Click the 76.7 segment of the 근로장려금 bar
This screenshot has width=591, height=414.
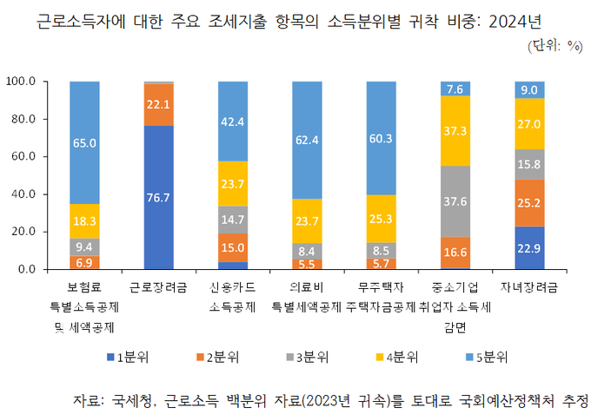pos(158,197)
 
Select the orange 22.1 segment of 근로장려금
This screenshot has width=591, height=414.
pos(158,104)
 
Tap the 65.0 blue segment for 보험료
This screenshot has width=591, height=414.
pos(84,142)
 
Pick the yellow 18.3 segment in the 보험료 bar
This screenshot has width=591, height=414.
pos(84,221)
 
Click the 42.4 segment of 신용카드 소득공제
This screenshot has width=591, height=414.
pos(233,122)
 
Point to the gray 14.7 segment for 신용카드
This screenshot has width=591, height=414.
pos(233,220)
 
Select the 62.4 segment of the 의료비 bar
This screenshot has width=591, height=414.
pos(307,140)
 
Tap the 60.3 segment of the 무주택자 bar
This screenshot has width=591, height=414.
pos(382,138)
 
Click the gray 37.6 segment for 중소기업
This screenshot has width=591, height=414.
pos(455,201)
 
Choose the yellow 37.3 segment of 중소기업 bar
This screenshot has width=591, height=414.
pos(455,130)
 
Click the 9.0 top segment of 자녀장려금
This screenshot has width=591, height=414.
pos(529,89)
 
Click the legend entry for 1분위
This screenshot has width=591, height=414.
pos(130,356)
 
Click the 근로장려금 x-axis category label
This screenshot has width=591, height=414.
pos(158,286)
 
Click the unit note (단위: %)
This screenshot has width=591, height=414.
pos(554,45)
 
